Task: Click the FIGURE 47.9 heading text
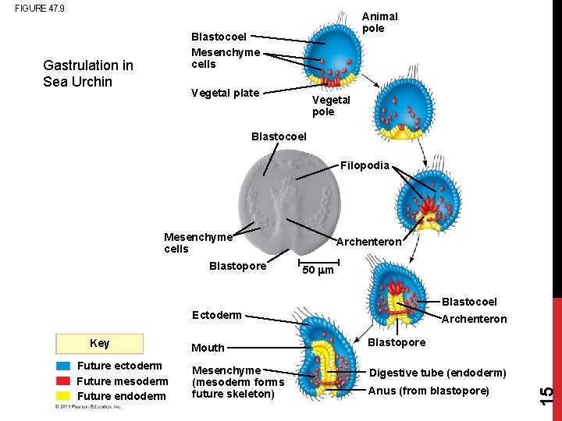coord(40,9)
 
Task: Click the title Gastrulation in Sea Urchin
coord(88,73)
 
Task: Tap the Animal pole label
coord(379,22)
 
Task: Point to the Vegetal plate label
coord(225,94)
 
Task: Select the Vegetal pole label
coord(331,106)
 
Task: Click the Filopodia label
coord(365,165)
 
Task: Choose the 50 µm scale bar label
coord(318,271)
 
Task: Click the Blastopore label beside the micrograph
coord(237,266)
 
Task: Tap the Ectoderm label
coord(217,316)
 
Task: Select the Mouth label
coord(208,348)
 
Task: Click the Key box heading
coord(100,344)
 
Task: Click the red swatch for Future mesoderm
coord(64,381)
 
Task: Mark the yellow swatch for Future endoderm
coord(64,396)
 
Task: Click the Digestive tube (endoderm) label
coord(438,373)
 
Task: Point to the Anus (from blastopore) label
coord(429,391)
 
